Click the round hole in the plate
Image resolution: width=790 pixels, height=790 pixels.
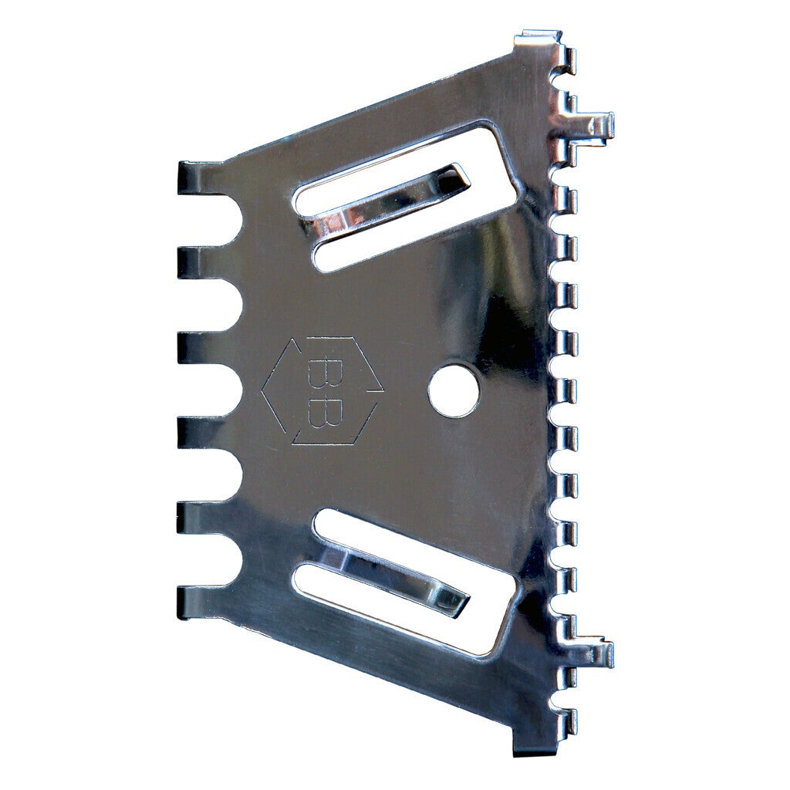click(x=454, y=391)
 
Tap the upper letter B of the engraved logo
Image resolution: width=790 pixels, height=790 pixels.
click(x=320, y=373)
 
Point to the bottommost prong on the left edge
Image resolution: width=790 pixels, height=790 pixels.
click(x=201, y=601)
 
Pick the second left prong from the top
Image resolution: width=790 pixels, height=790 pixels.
click(x=201, y=263)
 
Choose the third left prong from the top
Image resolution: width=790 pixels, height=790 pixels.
click(x=201, y=348)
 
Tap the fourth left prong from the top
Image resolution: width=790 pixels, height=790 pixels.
click(x=201, y=432)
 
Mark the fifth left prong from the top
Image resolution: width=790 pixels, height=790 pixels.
click(x=201, y=517)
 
